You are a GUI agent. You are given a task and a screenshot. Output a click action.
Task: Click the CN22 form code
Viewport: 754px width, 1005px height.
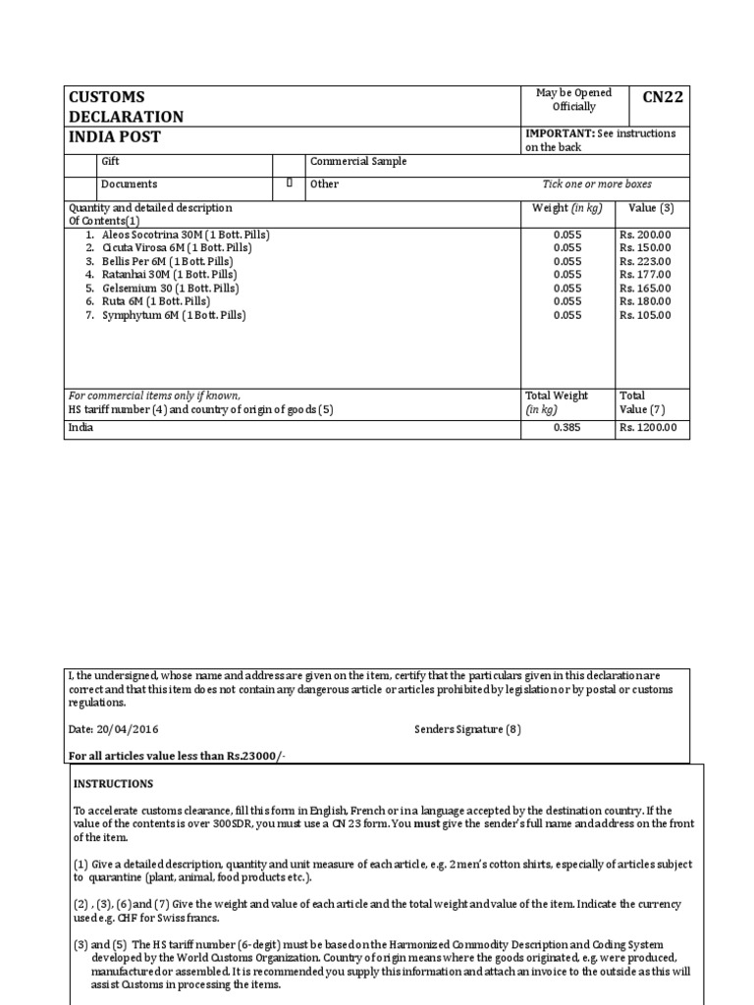pos(663,97)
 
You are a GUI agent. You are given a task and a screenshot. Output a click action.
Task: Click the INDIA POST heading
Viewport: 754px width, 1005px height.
pos(114,136)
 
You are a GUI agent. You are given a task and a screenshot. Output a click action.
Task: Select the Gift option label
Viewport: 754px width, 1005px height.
pos(111,161)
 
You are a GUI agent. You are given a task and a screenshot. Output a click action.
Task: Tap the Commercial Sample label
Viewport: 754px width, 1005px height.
pos(358,161)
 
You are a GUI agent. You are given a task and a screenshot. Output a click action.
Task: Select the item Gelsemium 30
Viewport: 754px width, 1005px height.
pos(171,289)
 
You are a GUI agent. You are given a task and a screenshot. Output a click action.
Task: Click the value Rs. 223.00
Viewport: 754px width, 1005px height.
pos(645,262)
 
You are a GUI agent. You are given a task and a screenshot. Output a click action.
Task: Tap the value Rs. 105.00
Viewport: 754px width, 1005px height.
pos(645,315)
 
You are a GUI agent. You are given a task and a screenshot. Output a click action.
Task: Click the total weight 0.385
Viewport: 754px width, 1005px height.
pos(567,428)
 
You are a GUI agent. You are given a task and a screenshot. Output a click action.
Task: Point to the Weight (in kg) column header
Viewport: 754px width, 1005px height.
pos(567,208)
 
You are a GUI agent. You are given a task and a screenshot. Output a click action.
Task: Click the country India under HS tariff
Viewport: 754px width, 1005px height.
pos(81,428)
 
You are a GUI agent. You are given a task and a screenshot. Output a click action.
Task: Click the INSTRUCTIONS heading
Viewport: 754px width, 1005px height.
pos(113,784)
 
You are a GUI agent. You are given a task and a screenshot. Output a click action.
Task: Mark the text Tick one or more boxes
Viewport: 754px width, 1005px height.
pos(597,184)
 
